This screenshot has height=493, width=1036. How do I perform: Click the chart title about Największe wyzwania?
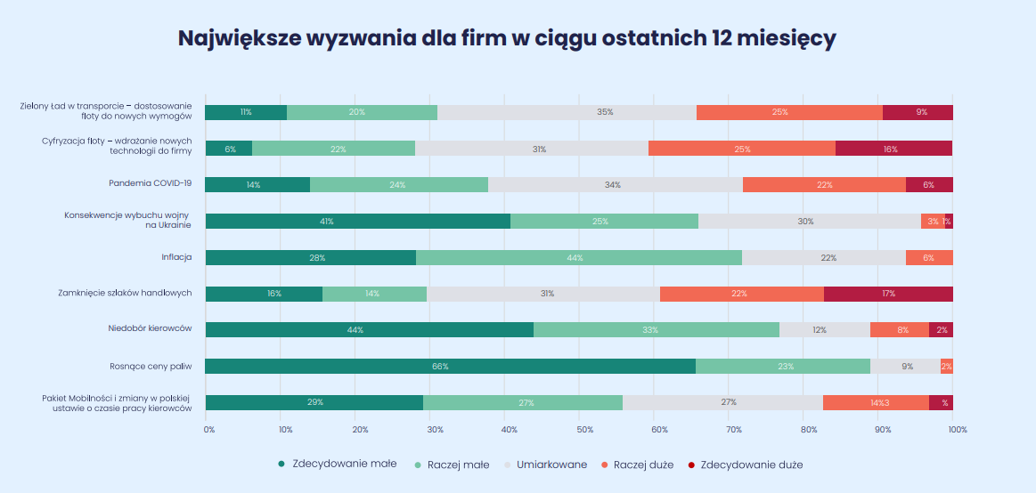(x=506, y=38)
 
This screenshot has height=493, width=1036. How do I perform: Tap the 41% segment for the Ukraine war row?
(x=357, y=221)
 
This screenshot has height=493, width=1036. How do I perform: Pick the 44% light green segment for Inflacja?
(x=579, y=257)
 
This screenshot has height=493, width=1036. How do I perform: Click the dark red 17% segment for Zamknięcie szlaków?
(x=888, y=294)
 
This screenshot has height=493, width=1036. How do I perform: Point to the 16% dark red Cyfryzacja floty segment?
(x=893, y=149)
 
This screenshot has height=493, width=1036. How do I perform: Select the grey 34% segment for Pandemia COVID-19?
(x=615, y=184)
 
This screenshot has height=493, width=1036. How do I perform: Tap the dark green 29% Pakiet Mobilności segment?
(x=314, y=402)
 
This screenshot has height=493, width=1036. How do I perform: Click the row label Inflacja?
(x=176, y=257)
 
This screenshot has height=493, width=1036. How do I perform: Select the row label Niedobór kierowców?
(x=150, y=328)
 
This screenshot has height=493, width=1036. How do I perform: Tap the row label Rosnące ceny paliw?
(x=151, y=365)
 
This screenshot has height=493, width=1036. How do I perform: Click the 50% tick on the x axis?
(x=583, y=430)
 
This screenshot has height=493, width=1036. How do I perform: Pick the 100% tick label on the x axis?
(x=957, y=430)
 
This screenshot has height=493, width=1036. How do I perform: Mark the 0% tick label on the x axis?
(x=209, y=430)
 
